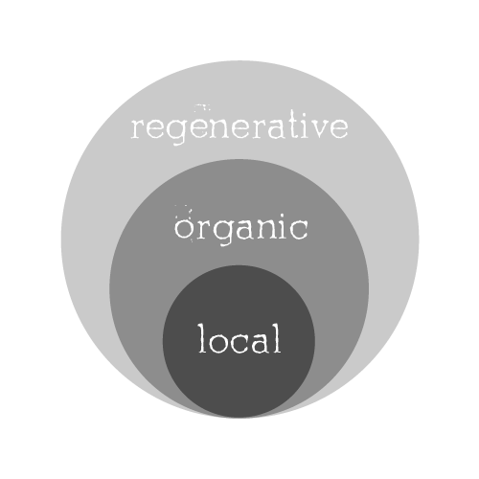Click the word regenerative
[x=239, y=127]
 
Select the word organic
[x=241, y=228]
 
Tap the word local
[x=239, y=338]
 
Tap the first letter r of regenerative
[x=139, y=128]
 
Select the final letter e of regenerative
[x=338, y=128]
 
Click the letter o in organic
[x=183, y=229]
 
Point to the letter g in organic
[x=222, y=233]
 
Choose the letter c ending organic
[x=299, y=229]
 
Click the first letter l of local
[x=202, y=338]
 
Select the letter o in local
[x=220, y=343]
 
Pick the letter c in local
[x=242, y=343]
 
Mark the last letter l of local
[x=277, y=338]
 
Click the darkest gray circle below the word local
[x=239, y=383]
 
